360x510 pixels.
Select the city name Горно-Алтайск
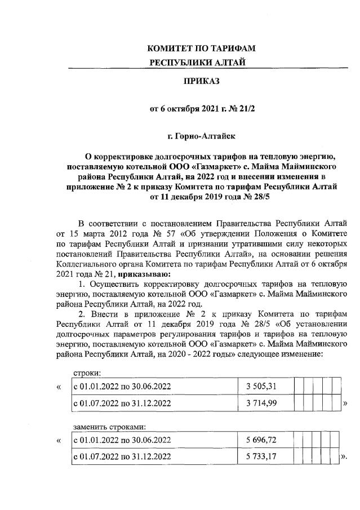[x=201, y=135]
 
